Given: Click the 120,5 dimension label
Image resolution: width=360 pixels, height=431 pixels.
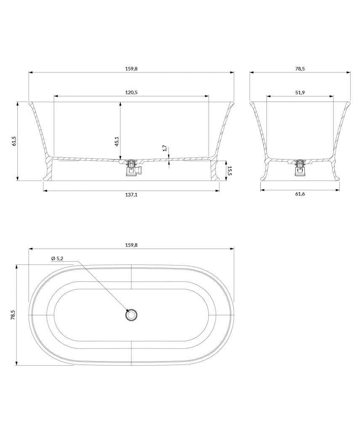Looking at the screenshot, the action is coord(131,92).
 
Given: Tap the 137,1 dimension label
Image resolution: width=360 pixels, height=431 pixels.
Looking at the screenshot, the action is coord(131,194).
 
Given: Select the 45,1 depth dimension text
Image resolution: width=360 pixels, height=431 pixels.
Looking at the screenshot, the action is coord(117,141).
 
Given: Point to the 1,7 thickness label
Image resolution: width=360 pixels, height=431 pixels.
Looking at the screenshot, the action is coord(165,148).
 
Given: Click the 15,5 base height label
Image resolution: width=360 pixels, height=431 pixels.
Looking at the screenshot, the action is coord(229,171).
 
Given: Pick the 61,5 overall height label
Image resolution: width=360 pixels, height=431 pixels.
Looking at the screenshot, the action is coord(14,141).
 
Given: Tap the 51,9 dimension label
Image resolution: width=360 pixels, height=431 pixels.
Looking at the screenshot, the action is coord(300,92).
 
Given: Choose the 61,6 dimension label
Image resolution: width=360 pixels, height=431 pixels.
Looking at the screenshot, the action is coord(300,194).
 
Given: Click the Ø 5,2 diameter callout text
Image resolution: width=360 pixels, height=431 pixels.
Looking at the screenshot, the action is coord(57,258).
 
